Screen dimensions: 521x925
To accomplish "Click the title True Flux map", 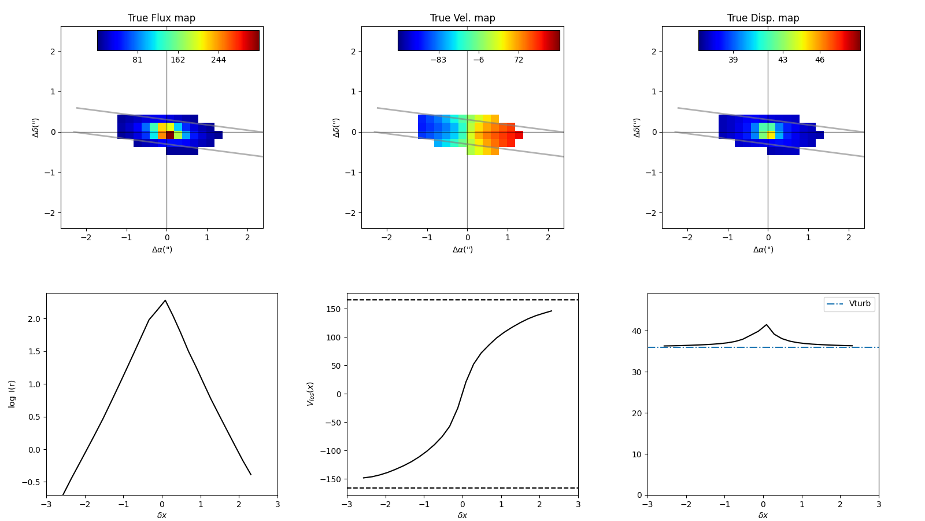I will click(161, 18).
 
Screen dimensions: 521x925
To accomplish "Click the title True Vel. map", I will click(462, 18).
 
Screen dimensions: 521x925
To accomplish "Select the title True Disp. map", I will click(763, 18).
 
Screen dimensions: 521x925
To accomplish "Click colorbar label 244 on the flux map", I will click(219, 60).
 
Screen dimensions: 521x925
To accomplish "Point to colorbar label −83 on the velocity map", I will click(438, 60).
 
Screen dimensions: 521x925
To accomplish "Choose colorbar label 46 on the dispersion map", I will click(820, 60).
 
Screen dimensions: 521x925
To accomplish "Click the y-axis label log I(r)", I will click(12, 394).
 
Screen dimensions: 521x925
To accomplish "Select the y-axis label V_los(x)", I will click(310, 394).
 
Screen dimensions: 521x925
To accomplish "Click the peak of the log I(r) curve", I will click(165, 300).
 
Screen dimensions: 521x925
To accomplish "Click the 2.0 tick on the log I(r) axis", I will click(34, 319).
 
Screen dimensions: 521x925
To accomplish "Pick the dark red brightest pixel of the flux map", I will click(170, 135).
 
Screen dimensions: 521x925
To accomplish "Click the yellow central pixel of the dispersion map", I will click(771, 135).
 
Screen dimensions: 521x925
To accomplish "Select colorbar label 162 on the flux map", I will click(178, 60).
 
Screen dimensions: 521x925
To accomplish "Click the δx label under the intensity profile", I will click(162, 515).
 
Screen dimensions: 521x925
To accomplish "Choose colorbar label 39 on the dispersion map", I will click(733, 60).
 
